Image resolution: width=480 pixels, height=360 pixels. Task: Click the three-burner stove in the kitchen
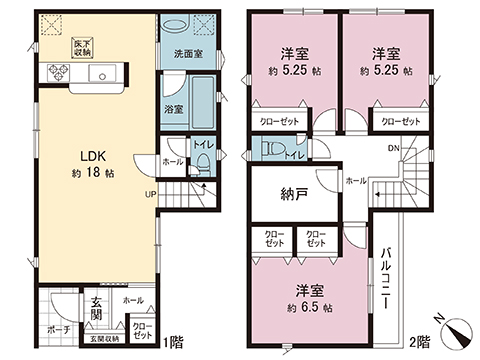coord(55,75)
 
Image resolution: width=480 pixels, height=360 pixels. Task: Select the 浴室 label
coord(172,111)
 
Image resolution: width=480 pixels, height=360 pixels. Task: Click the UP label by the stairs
coord(150,195)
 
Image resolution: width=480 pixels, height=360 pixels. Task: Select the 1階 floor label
coord(171,339)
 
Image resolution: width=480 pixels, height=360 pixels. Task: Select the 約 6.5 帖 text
coord(306,304)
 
